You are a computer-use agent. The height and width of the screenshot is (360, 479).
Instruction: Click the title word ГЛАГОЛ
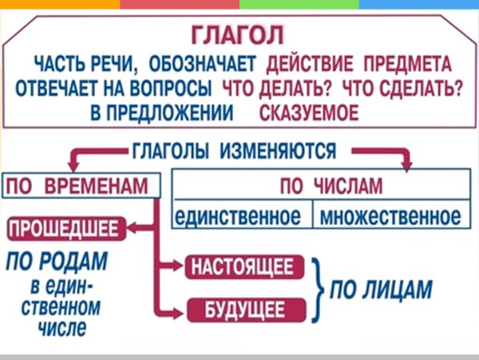239,37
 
